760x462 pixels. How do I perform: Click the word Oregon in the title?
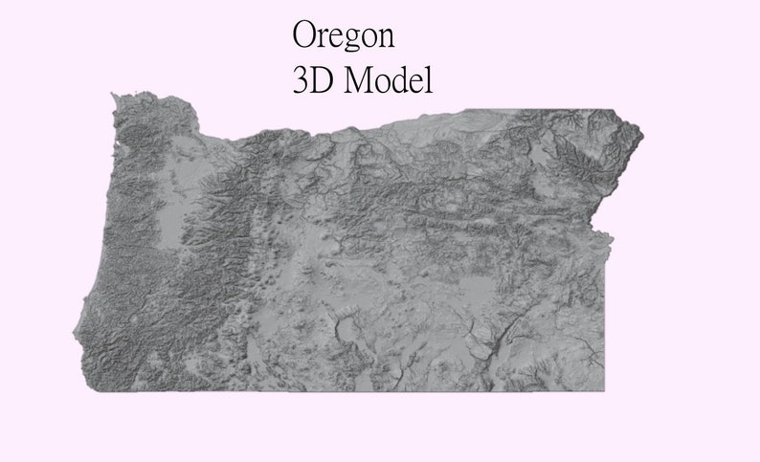point(343,36)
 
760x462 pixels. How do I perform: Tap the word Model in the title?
point(389,80)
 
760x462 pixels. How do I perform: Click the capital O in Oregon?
point(303,35)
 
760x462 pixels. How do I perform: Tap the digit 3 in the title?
point(302,80)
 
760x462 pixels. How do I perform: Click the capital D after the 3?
point(324,80)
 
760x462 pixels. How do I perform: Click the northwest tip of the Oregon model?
point(115,95)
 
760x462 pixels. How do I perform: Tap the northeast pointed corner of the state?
point(641,135)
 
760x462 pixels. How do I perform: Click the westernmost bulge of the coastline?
point(75,335)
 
